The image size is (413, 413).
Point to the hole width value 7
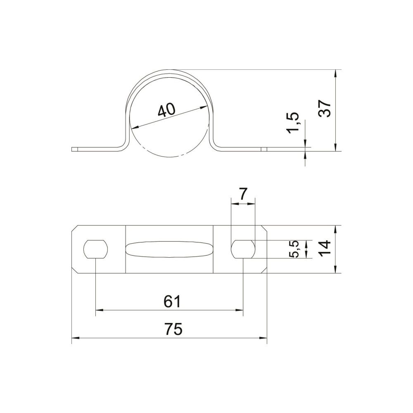click(243, 195)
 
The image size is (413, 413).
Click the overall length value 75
click(173, 329)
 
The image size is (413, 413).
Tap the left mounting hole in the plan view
click(96, 249)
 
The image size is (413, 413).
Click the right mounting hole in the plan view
click(243, 249)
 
